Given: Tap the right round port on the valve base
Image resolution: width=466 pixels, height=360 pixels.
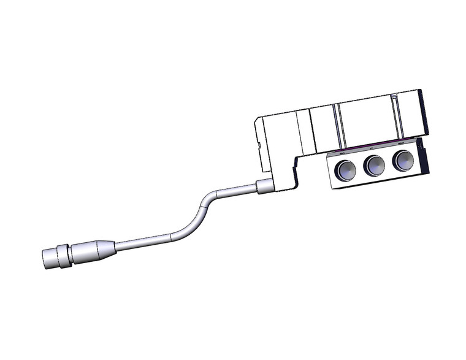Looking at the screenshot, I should pos(402,161).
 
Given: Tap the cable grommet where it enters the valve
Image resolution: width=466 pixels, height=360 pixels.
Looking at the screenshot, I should pos(265,186).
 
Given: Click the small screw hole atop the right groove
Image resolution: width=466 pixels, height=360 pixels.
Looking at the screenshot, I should pos(394,97).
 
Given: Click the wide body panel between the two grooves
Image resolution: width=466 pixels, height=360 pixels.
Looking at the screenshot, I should pos(366,121).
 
